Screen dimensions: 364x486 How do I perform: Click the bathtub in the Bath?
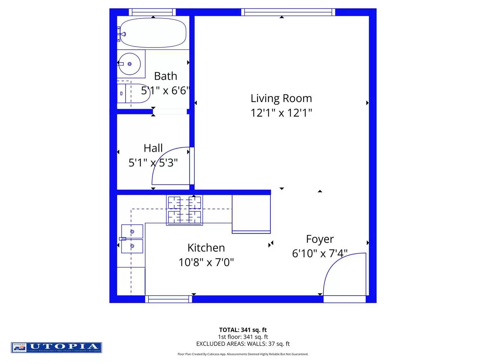pyautogui.click(x=153, y=33)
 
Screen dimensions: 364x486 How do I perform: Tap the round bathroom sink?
pyautogui.click(x=129, y=64)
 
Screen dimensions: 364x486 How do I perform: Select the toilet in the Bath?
pyautogui.click(x=133, y=93)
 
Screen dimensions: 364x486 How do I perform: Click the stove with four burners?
pyautogui.click(x=184, y=210)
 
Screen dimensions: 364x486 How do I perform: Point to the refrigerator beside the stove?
pyautogui.click(x=251, y=214)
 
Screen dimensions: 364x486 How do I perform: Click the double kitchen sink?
pyautogui.click(x=132, y=239)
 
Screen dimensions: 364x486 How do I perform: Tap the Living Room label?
pyautogui.click(x=281, y=98)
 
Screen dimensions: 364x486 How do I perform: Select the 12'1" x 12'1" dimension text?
pyautogui.click(x=281, y=113)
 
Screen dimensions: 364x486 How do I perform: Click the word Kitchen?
pyautogui.click(x=206, y=248)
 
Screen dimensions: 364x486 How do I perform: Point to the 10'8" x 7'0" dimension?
pyautogui.click(x=206, y=262)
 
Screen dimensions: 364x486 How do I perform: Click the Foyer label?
pyautogui.click(x=320, y=239)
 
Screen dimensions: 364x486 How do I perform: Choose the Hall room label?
pyautogui.click(x=153, y=148)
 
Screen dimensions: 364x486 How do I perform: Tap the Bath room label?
pyautogui.click(x=165, y=76)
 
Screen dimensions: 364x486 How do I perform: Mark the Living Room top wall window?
pyautogui.click(x=288, y=12)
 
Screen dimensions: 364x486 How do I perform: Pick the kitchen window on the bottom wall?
pyautogui.click(x=169, y=299)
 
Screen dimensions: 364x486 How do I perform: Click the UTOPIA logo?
pyautogui.click(x=56, y=347)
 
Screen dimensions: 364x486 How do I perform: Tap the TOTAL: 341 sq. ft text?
pyautogui.click(x=243, y=330)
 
